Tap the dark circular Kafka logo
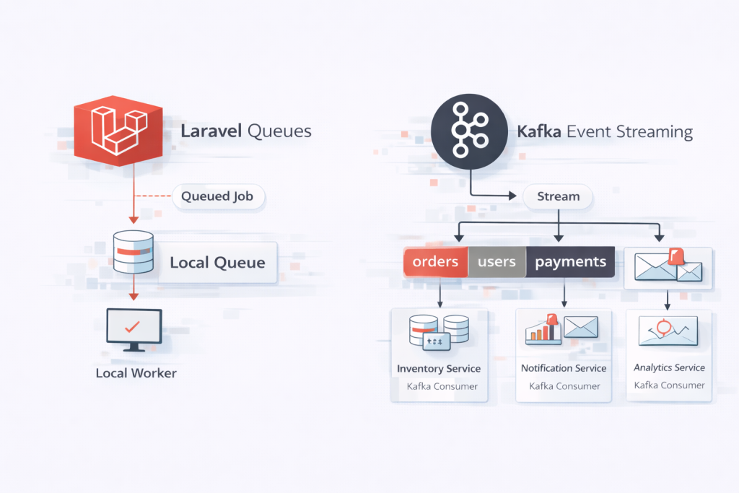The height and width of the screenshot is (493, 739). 469,130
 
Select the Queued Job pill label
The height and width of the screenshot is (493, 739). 217,196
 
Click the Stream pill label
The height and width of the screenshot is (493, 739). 558,196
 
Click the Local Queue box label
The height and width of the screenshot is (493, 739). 217,262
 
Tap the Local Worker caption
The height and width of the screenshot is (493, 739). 136,373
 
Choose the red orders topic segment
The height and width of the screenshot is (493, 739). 435,262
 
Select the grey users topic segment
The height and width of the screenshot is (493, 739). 497,262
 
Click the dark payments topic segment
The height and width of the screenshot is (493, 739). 570,262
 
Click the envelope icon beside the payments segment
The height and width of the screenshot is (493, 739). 668,267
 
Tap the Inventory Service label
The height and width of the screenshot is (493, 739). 439,369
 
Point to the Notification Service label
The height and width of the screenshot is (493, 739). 564,368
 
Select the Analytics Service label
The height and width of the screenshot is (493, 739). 669,367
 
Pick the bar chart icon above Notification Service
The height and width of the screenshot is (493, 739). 545,328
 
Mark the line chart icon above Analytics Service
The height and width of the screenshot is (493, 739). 668,330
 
